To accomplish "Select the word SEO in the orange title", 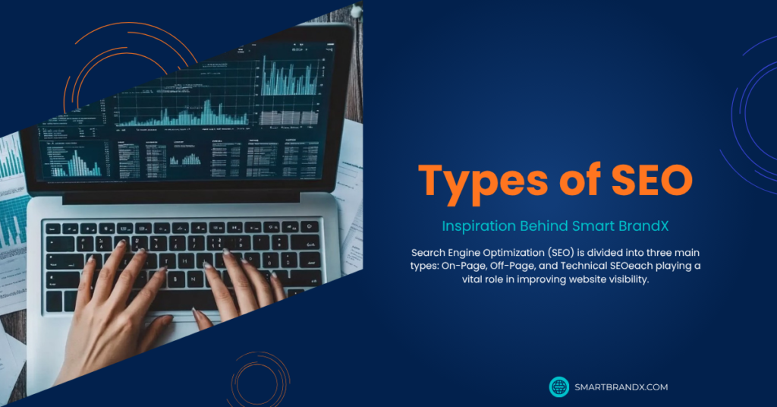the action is tap(652, 179).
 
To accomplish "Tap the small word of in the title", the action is tap(580, 178).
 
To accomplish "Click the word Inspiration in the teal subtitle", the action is tap(479, 226).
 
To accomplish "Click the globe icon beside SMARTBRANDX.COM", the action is tap(559, 386).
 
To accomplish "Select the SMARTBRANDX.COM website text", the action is tap(621, 387).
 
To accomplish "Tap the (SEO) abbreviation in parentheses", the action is tap(561, 253).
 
